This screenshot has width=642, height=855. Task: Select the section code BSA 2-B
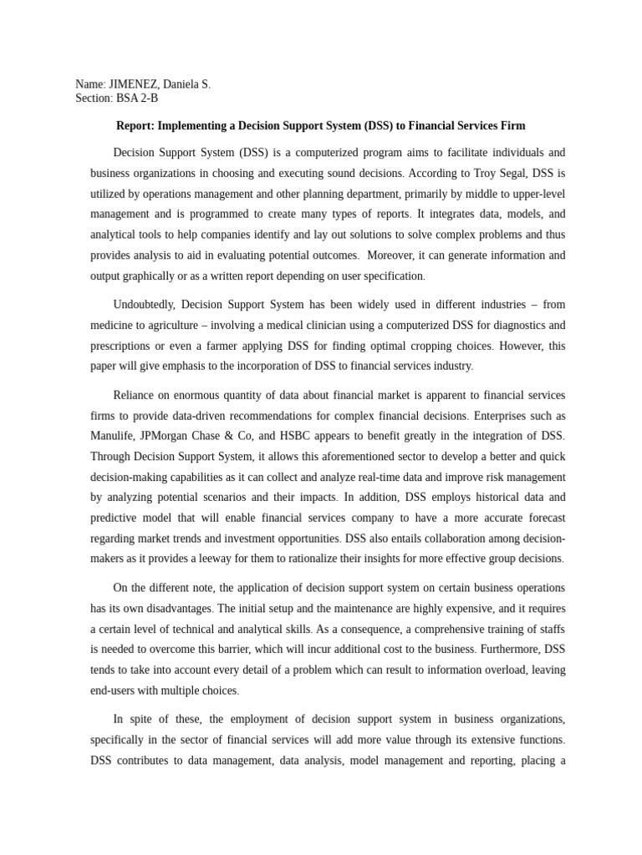click(x=135, y=98)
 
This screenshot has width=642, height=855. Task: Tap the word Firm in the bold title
click(x=512, y=126)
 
